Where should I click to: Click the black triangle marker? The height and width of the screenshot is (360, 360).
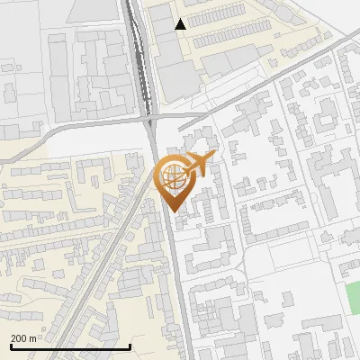181,24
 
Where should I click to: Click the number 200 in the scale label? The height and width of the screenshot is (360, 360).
20,338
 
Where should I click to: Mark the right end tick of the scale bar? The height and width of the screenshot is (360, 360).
131,346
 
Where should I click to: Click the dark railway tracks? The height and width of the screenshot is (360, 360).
139,54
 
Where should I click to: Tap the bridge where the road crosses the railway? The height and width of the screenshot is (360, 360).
150,117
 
